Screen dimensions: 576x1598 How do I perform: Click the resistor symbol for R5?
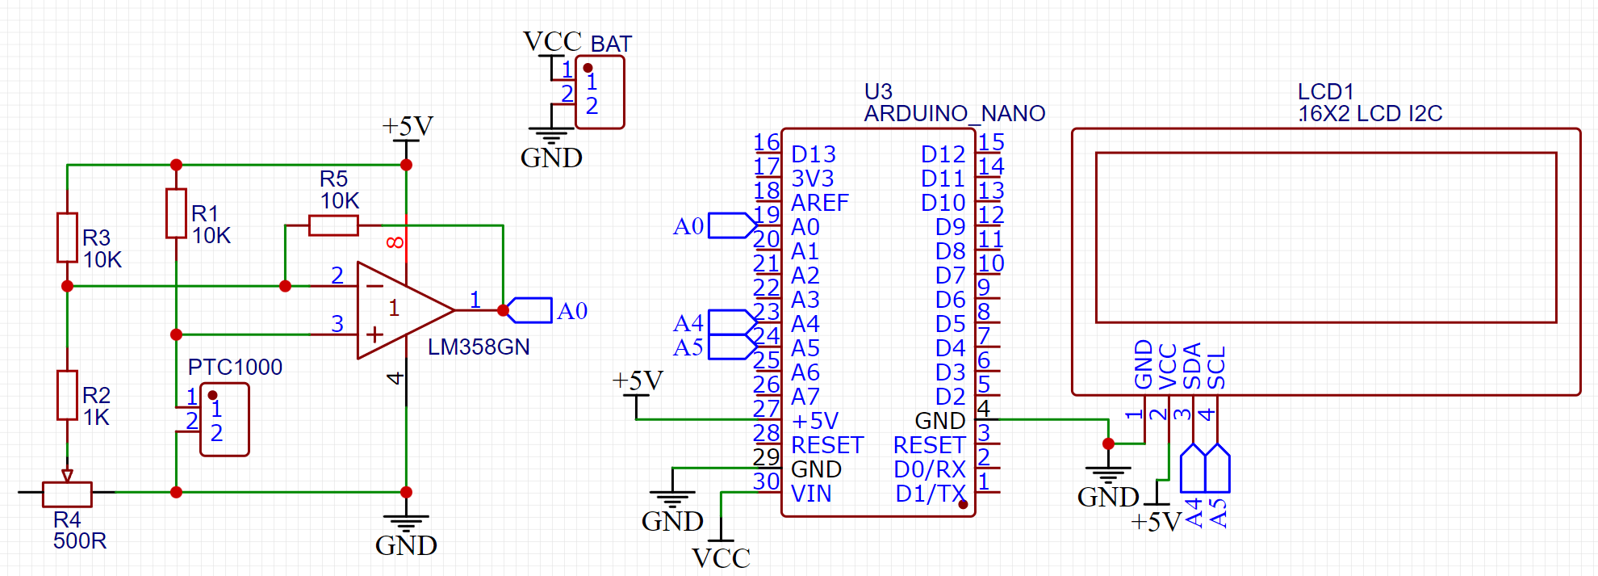(x=333, y=225)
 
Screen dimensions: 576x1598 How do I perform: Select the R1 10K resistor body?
(x=176, y=213)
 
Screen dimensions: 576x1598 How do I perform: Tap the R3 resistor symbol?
(x=67, y=238)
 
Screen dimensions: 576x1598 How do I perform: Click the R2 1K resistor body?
(x=67, y=395)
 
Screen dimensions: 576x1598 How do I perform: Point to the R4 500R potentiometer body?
(x=67, y=492)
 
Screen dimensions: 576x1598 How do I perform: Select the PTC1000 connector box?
(x=224, y=420)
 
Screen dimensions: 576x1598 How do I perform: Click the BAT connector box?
(x=600, y=92)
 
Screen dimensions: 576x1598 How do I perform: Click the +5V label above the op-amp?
(x=407, y=126)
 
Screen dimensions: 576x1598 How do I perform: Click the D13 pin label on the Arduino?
(x=813, y=154)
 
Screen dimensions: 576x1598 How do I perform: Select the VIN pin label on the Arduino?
(x=811, y=494)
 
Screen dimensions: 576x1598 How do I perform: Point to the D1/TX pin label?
(x=930, y=494)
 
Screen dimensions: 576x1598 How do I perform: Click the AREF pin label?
(x=819, y=203)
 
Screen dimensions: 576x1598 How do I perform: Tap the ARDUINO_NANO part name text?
(x=954, y=114)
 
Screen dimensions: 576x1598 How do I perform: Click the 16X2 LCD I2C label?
(x=1370, y=114)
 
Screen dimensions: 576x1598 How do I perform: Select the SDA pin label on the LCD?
(x=1192, y=366)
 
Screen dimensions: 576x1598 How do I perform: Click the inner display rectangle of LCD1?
(x=1325, y=238)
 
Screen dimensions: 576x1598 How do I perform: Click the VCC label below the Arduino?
(x=721, y=558)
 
